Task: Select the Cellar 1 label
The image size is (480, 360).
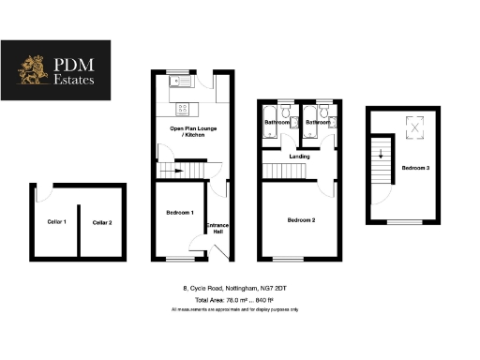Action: click(x=57, y=222)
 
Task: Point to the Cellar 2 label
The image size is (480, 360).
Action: click(x=102, y=222)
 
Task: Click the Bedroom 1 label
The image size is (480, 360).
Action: click(x=179, y=213)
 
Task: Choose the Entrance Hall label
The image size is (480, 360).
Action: click(x=217, y=229)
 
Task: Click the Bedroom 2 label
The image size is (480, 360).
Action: click(x=301, y=219)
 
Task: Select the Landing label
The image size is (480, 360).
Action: click(x=300, y=156)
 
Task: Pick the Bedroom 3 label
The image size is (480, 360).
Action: click(x=416, y=168)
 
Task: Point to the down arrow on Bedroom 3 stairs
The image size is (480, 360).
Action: click(x=381, y=156)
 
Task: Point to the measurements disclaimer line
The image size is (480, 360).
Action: click(x=234, y=309)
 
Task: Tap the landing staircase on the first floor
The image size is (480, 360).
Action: click(x=279, y=171)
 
